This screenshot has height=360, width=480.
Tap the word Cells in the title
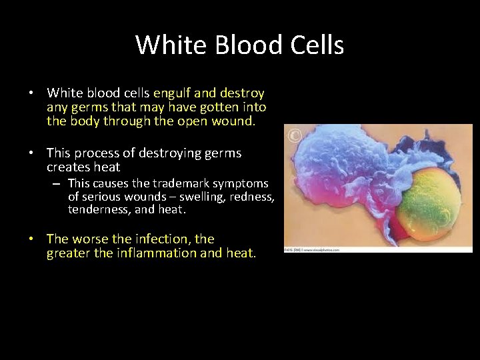315,45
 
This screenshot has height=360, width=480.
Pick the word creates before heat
69,167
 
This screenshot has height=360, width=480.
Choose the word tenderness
97,209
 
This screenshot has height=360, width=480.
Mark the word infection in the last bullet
163,239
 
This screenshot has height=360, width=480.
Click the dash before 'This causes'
58,183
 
